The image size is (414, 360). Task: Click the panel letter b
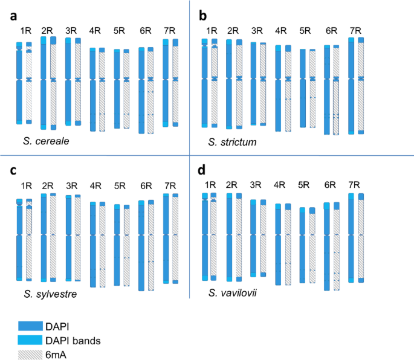[203, 16]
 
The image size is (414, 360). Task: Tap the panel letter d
[203, 170]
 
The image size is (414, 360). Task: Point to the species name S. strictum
[232, 142]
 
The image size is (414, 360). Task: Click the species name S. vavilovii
[234, 294]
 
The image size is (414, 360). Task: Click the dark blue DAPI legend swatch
[35, 326]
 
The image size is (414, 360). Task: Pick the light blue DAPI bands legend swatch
[35, 341]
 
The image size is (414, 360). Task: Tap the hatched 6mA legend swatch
[35, 355]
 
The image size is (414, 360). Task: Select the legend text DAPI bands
[86, 341]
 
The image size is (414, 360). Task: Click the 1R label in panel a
[25, 30]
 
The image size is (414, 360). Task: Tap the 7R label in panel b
[355, 30]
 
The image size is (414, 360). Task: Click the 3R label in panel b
[257, 30]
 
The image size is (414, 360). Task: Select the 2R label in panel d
[231, 185]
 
